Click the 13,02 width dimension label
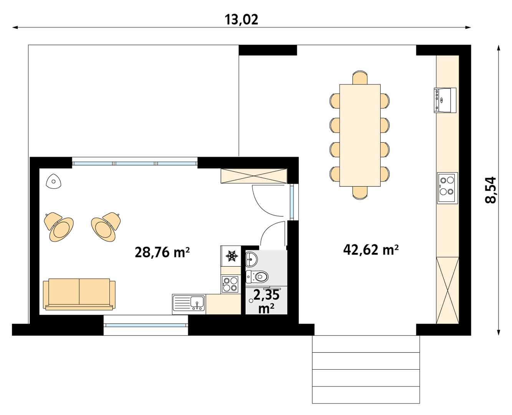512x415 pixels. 241,20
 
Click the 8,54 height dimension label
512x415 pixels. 490,190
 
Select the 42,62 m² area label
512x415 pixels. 371,250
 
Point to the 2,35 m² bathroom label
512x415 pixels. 266,302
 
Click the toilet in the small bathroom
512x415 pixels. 257,277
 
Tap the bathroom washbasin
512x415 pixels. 252,259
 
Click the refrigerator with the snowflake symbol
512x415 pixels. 231,256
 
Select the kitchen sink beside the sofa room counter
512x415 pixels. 189,304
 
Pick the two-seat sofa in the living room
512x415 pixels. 80,294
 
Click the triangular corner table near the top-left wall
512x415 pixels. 54,181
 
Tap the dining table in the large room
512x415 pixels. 360,135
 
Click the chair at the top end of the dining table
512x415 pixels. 360,77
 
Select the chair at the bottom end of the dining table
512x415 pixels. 360,193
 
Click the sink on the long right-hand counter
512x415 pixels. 445,100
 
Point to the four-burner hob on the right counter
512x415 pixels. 447,188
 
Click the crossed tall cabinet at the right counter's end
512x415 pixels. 447,290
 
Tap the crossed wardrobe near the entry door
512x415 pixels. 254,176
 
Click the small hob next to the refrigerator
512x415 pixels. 231,284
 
